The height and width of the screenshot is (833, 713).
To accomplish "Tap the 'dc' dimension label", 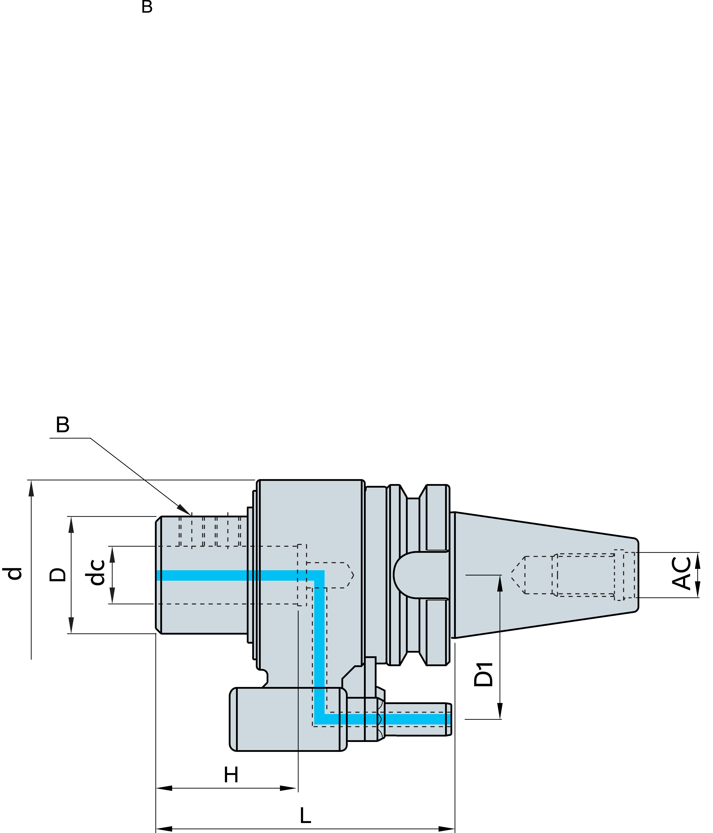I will (x=96, y=573).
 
